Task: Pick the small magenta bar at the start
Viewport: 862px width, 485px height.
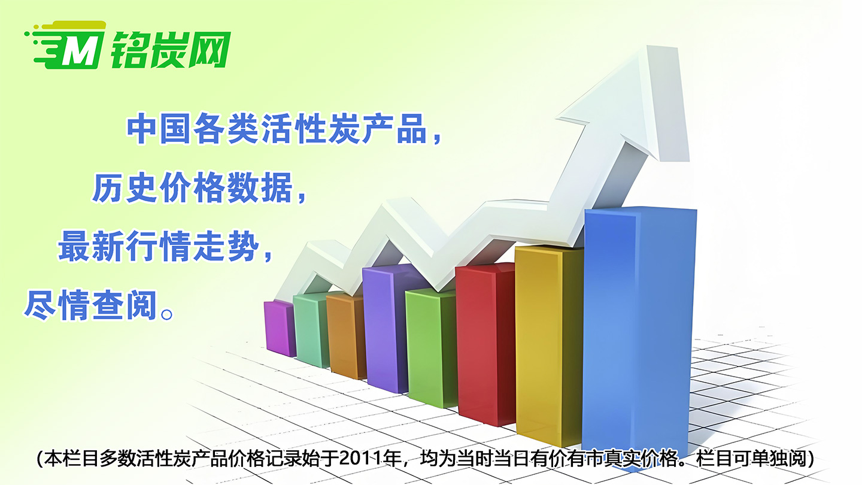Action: coord(280,328)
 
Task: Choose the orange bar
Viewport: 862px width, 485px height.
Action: coord(345,335)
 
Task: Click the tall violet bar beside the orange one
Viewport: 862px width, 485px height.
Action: coord(385,327)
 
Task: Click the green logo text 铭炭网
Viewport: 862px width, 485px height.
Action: coord(171,49)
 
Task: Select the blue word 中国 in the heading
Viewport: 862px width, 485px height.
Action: coord(159,129)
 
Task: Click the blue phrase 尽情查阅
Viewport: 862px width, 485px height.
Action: coord(91,305)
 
